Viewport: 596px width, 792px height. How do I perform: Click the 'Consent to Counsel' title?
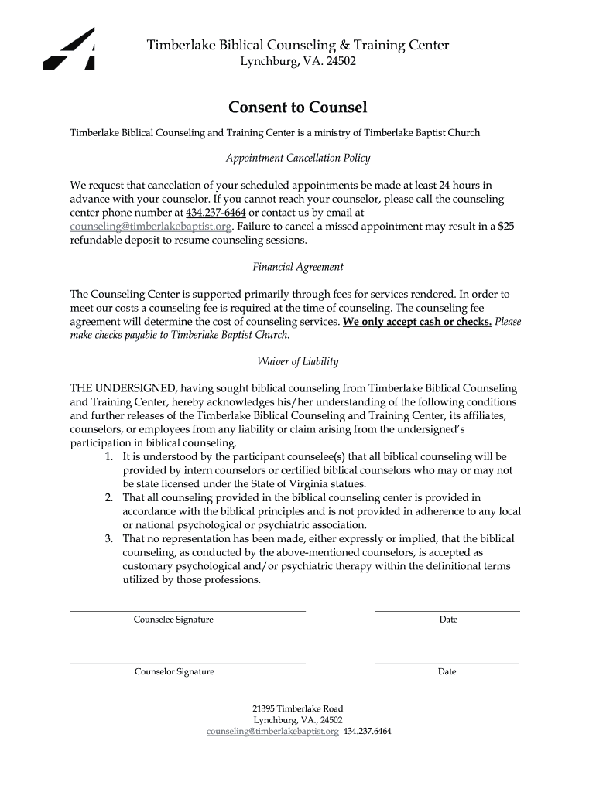click(297, 107)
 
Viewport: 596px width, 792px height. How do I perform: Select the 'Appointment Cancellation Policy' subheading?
click(298, 158)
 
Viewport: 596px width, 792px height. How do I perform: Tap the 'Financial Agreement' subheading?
click(298, 267)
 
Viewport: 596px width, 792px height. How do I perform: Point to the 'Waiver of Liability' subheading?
click(298, 361)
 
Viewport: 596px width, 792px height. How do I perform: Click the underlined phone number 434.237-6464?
click(216, 213)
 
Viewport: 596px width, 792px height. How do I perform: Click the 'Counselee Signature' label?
click(173, 620)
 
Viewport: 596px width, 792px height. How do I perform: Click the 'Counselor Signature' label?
click(174, 671)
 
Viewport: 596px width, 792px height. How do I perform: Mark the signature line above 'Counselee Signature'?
click(188, 611)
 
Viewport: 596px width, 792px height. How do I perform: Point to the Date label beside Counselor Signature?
click(447, 671)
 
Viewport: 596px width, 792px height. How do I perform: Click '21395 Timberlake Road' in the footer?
click(298, 708)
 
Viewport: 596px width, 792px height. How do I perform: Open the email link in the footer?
click(272, 731)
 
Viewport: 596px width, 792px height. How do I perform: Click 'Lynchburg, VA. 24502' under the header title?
click(298, 62)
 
